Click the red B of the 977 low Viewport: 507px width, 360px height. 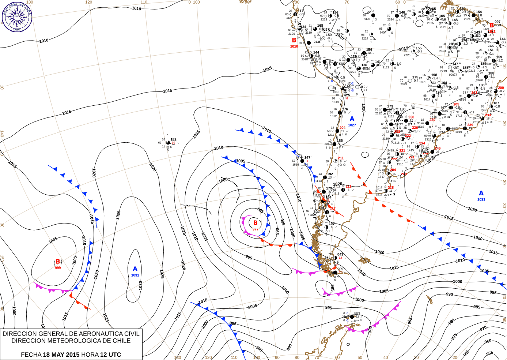pos(255,223)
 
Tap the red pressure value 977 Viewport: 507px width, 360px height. pos(255,229)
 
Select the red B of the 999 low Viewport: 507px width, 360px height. pos(58,262)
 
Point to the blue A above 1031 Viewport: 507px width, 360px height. pos(135,269)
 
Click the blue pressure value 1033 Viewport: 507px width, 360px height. pos(481,199)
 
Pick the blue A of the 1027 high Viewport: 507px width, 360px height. pos(352,119)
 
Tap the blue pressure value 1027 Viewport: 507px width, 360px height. pos(352,125)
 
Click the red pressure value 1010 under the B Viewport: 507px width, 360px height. pos(294,46)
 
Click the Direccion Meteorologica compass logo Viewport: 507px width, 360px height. pos(17,16)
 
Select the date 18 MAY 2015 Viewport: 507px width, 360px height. pos(61,355)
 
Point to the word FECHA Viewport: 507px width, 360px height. pos(31,355)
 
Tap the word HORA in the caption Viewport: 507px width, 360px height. pos(90,355)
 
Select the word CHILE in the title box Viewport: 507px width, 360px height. pos(121,341)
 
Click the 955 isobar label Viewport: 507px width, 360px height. pos(489,353)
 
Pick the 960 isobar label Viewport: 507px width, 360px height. pos(488,341)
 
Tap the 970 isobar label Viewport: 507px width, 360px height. pos(483,329)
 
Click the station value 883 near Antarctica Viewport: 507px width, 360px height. pos(357,313)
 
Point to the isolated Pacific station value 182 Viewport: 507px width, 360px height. pos(173,139)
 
